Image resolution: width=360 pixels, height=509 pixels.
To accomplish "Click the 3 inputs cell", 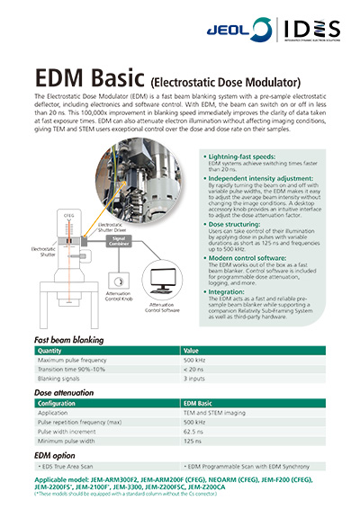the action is tap(197, 378).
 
